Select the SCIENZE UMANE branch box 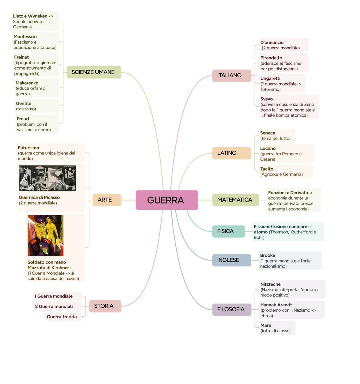click(94, 72)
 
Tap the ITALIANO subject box click(231, 76)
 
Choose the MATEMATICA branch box click(235, 200)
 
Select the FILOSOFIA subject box click(231, 309)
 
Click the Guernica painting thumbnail click(47, 178)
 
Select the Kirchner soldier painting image click(45, 235)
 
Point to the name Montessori click(25, 37)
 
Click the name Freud click(23, 119)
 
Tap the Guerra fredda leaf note click(62, 317)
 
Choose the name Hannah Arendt click(276, 305)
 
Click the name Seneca click(268, 133)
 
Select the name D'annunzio click(272, 43)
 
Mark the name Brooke click(267, 255)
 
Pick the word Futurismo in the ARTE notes click(28, 148)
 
